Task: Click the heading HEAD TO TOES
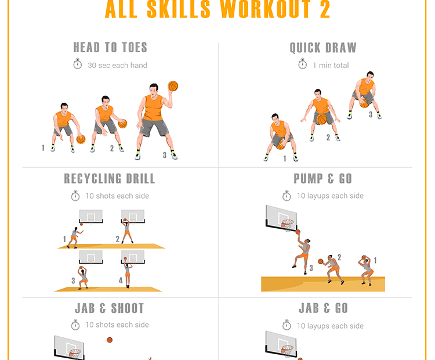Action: (x=110, y=48)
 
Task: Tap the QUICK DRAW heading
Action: (x=323, y=48)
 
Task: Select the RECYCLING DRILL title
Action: (x=110, y=178)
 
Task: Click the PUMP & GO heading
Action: (x=323, y=178)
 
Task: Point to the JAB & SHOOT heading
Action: (x=110, y=308)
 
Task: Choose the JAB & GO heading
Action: (x=323, y=308)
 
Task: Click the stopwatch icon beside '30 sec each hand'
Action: (x=78, y=64)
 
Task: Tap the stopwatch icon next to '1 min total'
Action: (x=302, y=64)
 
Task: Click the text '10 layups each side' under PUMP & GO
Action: (x=330, y=196)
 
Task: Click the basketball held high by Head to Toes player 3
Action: (x=173, y=86)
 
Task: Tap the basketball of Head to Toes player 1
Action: (x=81, y=139)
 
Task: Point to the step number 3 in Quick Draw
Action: (x=371, y=115)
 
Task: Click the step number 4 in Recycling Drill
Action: (x=121, y=280)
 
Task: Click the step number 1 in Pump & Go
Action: (x=375, y=261)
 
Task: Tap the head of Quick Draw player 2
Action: (x=318, y=94)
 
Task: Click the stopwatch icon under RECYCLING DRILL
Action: (x=75, y=196)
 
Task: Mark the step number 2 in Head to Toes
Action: (x=112, y=149)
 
